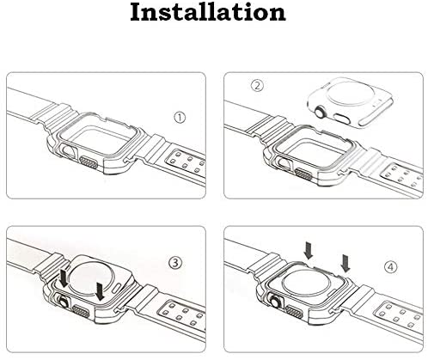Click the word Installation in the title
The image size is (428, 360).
tap(208, 12)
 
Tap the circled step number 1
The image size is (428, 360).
tap(180, 118)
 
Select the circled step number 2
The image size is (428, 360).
tap(257, 85)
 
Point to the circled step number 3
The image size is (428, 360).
tap(175, 263)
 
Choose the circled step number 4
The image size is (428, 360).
tap(391, 267)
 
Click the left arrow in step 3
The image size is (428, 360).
tap(64, 277)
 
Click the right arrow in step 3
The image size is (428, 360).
tap(100, 291)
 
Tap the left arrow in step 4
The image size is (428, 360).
tap(309, 250)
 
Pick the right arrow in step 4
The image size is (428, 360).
tap(345, 264)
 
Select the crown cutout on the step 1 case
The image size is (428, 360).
tap(69, 151)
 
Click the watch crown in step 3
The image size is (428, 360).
tap(64, 302)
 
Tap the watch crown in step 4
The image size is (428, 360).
tap(276, 302)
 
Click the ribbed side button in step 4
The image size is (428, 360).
tap(294, 312)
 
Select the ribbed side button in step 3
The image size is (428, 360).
tap(81, 312)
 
